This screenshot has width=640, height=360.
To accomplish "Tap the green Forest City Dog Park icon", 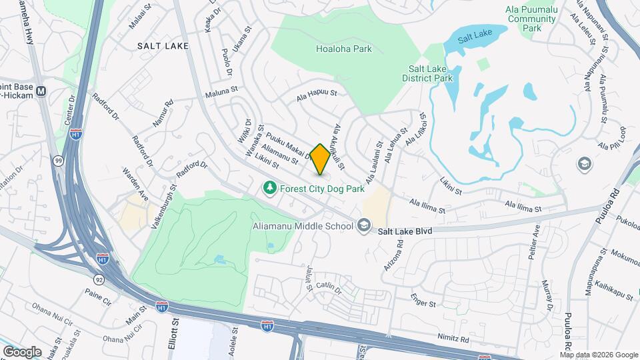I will [269, 189].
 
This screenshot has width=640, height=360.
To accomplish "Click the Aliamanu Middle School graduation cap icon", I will [363, 226].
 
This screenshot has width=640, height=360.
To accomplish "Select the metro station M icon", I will [41, 91].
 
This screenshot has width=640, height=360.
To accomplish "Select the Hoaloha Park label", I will [343, 49].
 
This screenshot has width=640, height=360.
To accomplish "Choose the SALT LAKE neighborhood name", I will [163, 46].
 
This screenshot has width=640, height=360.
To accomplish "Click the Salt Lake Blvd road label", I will [406, 231].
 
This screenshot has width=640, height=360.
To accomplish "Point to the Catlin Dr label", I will [329, 287].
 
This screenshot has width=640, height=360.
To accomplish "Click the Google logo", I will [22, 351].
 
